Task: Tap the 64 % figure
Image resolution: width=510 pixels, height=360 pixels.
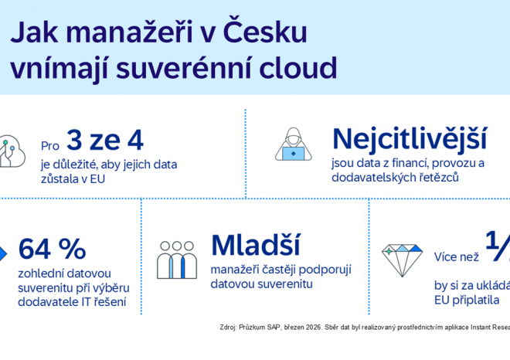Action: [53, 250]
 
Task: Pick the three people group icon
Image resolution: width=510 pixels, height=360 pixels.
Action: [177, 260]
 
